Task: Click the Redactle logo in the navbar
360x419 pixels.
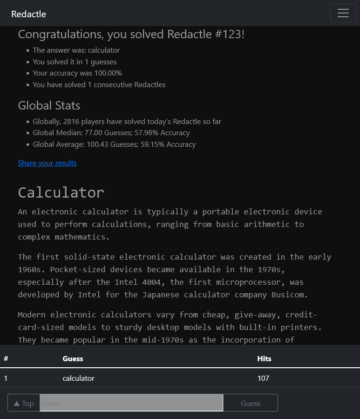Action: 28,14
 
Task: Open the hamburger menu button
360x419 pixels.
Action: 343,13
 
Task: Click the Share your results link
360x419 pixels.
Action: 47,163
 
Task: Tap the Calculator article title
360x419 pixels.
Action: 61,192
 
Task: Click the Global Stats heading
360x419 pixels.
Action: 49,106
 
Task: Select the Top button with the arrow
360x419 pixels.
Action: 24,403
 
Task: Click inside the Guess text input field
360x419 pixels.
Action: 131,403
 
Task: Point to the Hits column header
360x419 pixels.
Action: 264,358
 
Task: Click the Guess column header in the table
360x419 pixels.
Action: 73,358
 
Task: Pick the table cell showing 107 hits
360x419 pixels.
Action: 263,378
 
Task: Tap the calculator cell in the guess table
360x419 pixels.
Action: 78,378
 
